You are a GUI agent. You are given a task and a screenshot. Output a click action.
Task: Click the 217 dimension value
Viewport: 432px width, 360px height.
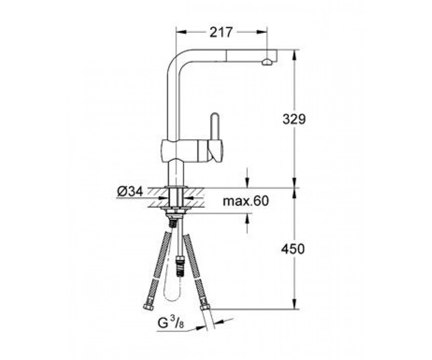(221, 32)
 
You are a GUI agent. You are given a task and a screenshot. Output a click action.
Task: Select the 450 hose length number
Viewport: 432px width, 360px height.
(293, 249)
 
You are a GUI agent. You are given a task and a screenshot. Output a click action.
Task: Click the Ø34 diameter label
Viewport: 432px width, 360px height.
(130, 192)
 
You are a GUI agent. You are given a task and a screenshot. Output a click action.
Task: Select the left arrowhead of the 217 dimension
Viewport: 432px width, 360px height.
(181, 32)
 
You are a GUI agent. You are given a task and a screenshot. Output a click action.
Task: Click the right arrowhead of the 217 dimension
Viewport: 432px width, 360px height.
(262, 32)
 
